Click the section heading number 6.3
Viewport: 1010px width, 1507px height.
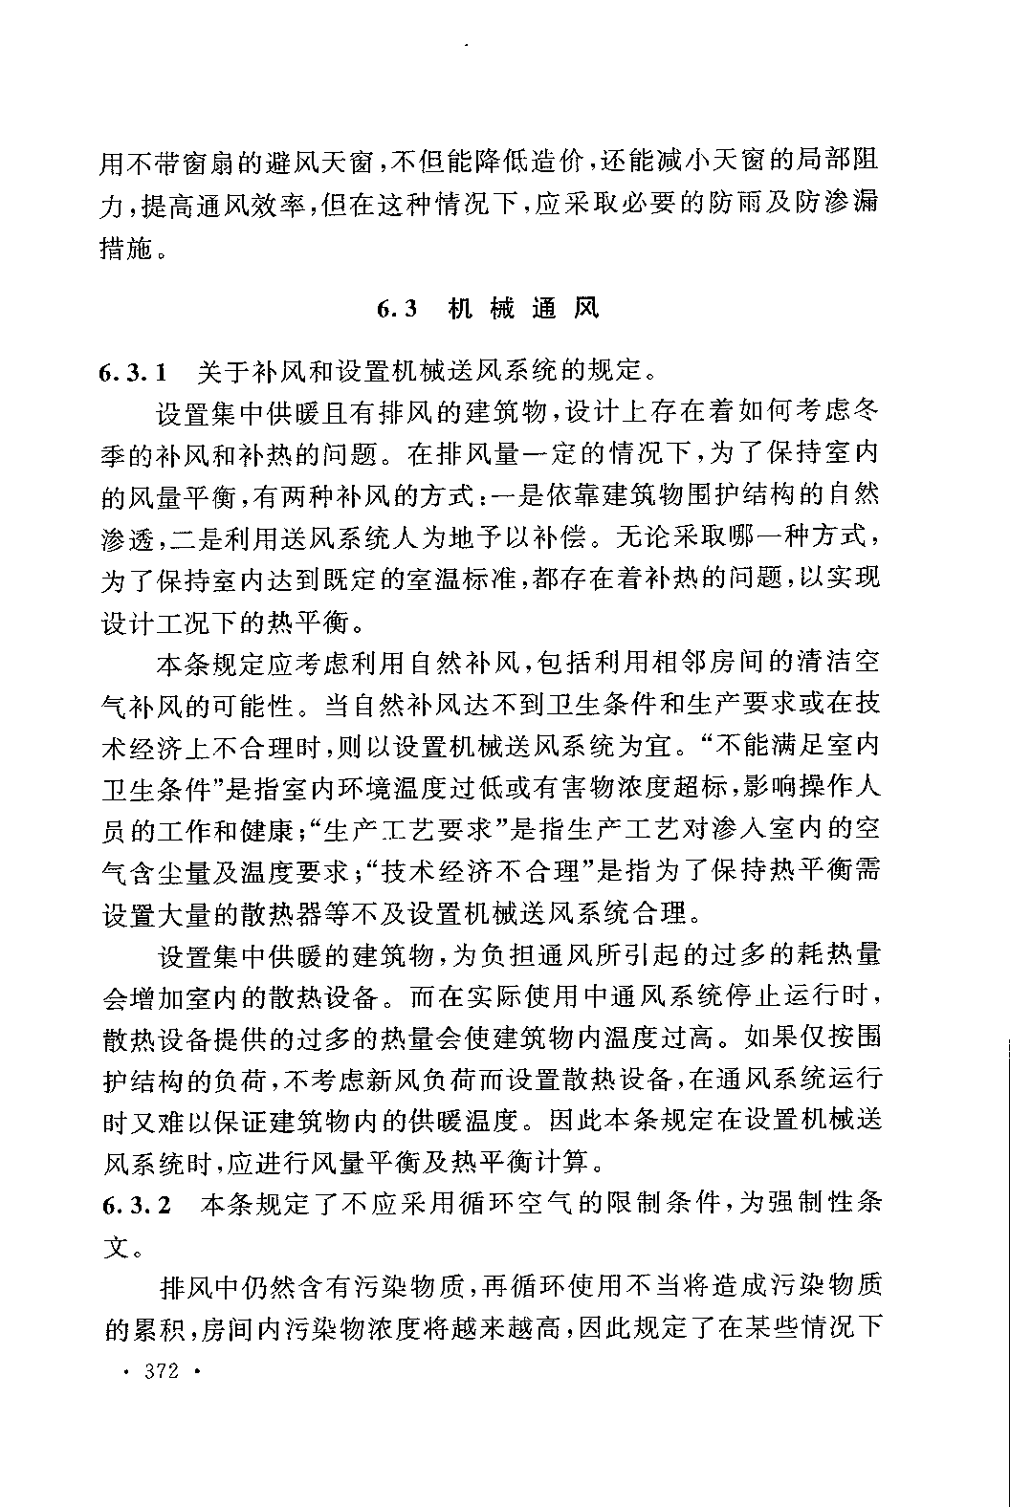point(397,309)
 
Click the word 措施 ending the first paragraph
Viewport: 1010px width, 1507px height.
point(126,250)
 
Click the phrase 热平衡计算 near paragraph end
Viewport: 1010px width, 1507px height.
point(520,1163)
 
